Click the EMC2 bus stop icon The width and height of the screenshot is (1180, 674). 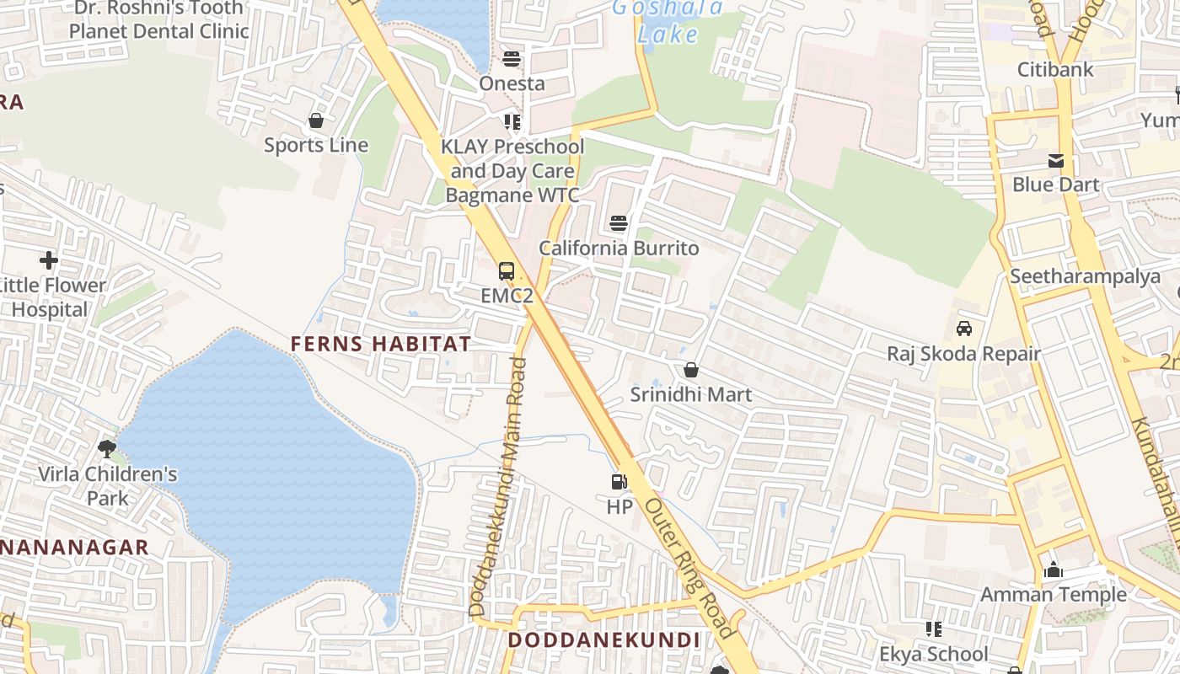(x=506, y=271)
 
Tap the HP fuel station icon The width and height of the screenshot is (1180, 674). (x=619, y=482)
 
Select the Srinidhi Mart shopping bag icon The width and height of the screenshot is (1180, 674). (x=691, y=370)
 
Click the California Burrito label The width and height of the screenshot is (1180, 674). (x=619, y=249)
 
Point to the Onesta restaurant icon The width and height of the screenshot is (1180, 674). (x=512, y=58)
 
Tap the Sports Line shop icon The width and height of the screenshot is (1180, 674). (x=316, y=121)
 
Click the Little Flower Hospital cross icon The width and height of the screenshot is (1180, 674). (x=49, y=260)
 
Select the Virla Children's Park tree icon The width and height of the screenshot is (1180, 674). (x=106, y=448)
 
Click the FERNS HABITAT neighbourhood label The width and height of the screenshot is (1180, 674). (x=381, y=344)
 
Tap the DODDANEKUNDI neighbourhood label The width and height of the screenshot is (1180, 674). (x=603, y=640)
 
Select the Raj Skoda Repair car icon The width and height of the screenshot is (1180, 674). (x=963, y=329)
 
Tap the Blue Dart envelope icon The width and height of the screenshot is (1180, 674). (x=1055, y=161)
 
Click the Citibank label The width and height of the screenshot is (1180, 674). (x=1054, y=70)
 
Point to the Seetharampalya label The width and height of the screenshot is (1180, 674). (x=1085, y=277)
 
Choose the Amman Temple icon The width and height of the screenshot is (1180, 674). (x=1053, y=570)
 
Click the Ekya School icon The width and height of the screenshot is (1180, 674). (x=933, y=629)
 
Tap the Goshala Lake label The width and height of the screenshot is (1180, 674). (x=668, y=21)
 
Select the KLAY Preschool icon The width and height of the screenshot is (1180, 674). (x=512, y=122)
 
